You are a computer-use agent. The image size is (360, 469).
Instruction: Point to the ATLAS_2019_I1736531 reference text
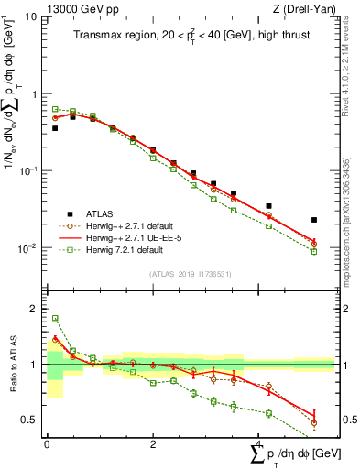click(190, 274)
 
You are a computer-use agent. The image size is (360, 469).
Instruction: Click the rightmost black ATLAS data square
click(314, 220)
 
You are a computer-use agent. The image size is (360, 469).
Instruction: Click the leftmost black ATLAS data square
click(55, 128)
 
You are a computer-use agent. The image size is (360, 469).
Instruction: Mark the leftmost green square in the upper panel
click(55, 109)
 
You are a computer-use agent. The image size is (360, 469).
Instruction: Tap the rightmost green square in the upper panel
click(314, 252)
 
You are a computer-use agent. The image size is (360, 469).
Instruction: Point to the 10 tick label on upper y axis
click(31, 17)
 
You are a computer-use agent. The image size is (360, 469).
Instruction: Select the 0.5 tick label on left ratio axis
click(33, 420)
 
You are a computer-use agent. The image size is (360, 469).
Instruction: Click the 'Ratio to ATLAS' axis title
click(12, 365)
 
